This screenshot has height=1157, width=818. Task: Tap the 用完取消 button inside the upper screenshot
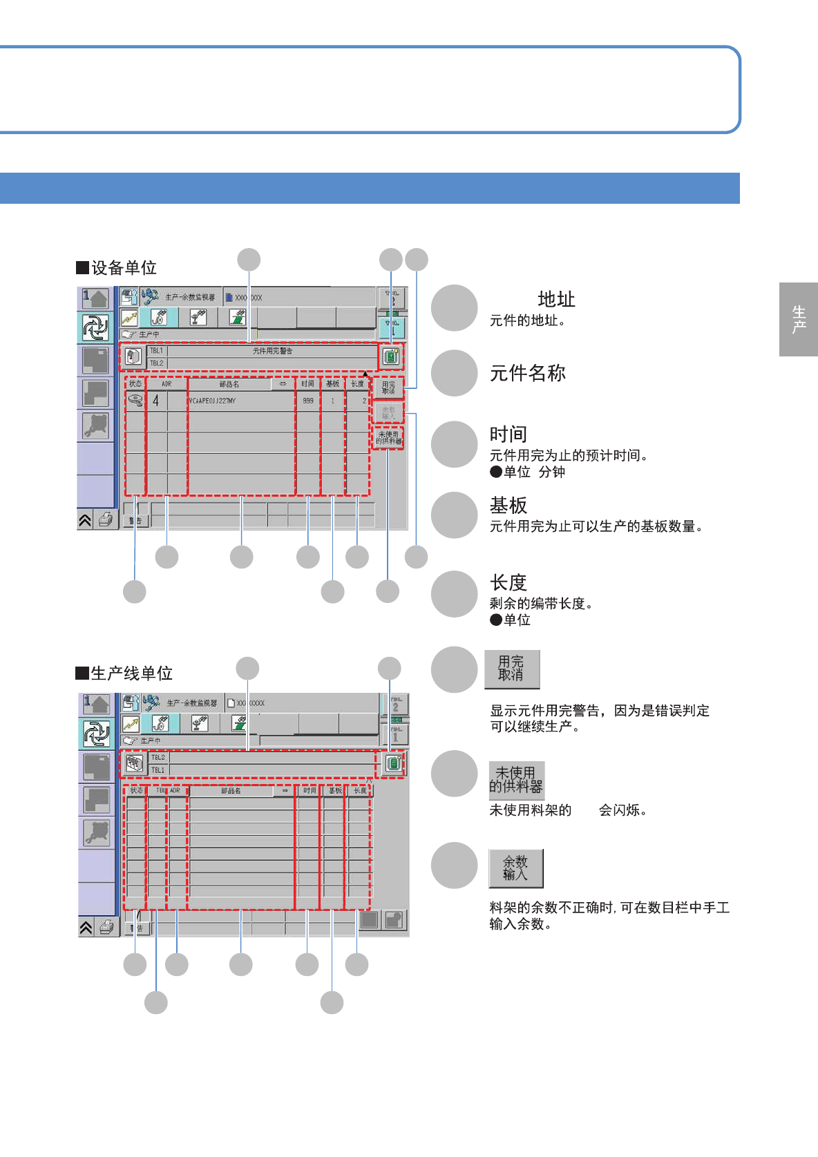[388, 388]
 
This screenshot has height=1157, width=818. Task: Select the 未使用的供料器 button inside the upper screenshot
[388, 438]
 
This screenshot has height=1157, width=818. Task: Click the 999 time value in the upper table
[308, 401]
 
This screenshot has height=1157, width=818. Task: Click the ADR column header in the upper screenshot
[167, 384]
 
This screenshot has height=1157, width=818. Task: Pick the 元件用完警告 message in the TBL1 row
[272, 351]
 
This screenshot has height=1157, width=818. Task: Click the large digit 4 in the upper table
[156, 401]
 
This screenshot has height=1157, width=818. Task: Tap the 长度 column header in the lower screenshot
[360, 790]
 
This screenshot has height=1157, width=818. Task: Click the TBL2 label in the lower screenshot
[158, 758]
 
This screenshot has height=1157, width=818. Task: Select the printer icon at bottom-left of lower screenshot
[106, 927]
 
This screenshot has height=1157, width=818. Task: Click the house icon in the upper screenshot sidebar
[96, 298]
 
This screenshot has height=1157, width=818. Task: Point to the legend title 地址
[556, 299]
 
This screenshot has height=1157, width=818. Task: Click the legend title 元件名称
[528, 373]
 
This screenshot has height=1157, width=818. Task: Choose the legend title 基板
[508, 506]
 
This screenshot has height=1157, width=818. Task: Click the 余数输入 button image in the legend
[515, 868]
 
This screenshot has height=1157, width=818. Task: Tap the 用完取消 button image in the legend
[511, 669]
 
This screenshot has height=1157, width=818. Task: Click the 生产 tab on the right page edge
[799, 319]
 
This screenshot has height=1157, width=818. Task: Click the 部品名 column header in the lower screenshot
[231, 790]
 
